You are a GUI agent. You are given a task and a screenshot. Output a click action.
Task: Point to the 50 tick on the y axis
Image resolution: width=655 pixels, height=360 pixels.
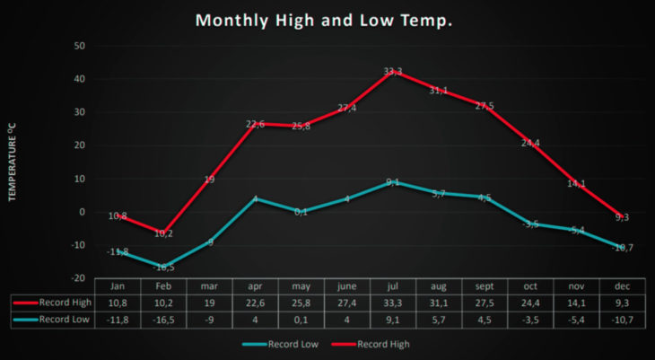point(79,46)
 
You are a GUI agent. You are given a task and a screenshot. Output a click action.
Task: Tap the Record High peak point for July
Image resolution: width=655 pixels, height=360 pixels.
point(391,70)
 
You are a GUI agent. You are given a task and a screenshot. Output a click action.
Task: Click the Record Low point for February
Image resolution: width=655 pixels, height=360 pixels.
point(163,267)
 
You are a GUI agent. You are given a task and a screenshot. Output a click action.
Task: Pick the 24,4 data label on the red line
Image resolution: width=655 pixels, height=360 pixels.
point(529,143)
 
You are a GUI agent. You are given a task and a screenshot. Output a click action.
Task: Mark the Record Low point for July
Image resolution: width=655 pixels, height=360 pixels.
point(391,182)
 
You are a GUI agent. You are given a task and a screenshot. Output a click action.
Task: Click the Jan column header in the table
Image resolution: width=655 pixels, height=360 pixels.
point(118,286)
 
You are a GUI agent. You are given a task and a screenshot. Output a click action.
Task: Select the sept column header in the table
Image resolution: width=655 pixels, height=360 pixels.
point(484,286)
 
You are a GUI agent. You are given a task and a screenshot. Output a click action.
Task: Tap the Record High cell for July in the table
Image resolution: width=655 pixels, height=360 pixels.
point(392,303)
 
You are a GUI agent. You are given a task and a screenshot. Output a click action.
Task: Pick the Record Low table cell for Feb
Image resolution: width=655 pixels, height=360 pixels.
point(163,318)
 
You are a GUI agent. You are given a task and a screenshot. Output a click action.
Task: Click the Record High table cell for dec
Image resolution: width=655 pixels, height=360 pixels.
point(621,303)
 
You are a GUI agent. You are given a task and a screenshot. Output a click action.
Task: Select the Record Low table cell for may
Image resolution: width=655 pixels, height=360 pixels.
point(301,318)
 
